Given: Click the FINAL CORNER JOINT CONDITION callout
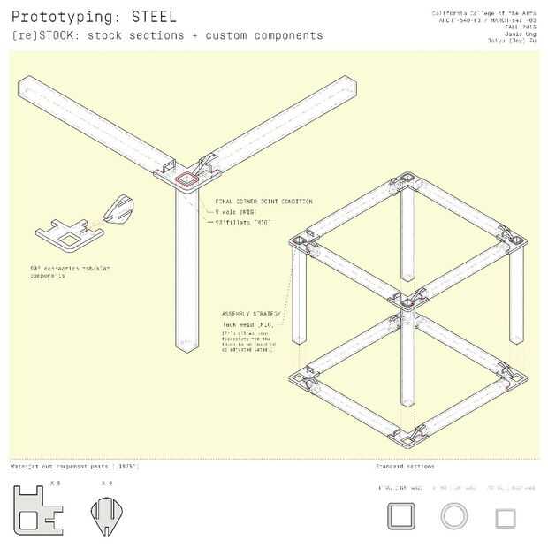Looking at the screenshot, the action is tap(263, 202).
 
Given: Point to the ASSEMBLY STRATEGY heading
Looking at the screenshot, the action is tap(252, 314).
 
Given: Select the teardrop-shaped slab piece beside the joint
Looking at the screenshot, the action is tap(117, 210).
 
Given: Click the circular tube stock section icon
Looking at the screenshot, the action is tap(454, 516).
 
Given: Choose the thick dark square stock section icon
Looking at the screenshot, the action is tap(401, 516).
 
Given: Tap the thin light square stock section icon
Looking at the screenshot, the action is tap(506, 518).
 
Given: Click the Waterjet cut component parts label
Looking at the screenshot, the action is tap(74, 466).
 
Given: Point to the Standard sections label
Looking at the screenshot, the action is tap(405, 466).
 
